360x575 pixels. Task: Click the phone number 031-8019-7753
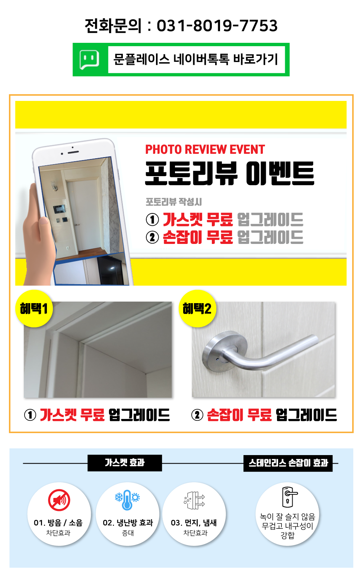coord(217,26)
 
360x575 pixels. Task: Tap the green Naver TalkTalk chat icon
coord(89,60)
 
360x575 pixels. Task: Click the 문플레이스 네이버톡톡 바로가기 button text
coord(196,59)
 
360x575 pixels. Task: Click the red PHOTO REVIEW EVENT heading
coord(205,149)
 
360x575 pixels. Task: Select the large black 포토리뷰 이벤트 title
coord(229,173)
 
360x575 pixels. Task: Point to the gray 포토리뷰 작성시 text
coord(173,202)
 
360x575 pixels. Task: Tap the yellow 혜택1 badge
coord(34,308)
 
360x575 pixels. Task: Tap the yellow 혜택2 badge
coord(197,308)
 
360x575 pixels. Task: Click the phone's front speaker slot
coord(73,152)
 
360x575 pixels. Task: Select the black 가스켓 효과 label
coord(125,463)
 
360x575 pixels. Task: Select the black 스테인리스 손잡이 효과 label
coord(288,463)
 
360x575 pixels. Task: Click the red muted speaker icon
coord(59,500)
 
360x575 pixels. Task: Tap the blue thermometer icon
coord(127,500)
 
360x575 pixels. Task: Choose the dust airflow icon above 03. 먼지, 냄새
coord(194,500)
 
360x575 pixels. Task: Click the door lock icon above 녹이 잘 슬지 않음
coord(289,497)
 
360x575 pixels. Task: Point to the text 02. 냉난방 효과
coord(128,522)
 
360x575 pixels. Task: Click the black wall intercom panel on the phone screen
coord(59,209)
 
